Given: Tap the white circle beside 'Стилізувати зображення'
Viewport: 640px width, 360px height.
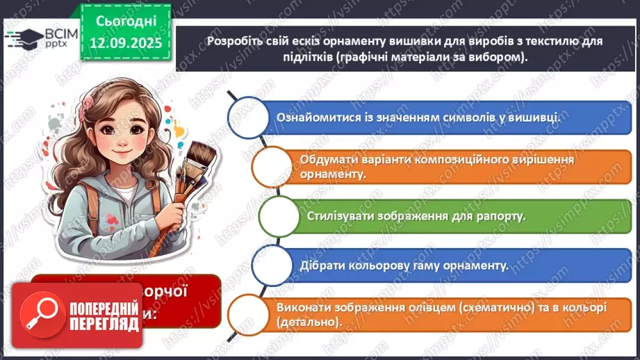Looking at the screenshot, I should click(x=278, y=215).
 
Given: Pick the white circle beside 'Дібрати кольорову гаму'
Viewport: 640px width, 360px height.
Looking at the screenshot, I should click(x=270, y=265).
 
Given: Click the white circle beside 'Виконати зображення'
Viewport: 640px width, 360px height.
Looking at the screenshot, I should click(x=249, y=314).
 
